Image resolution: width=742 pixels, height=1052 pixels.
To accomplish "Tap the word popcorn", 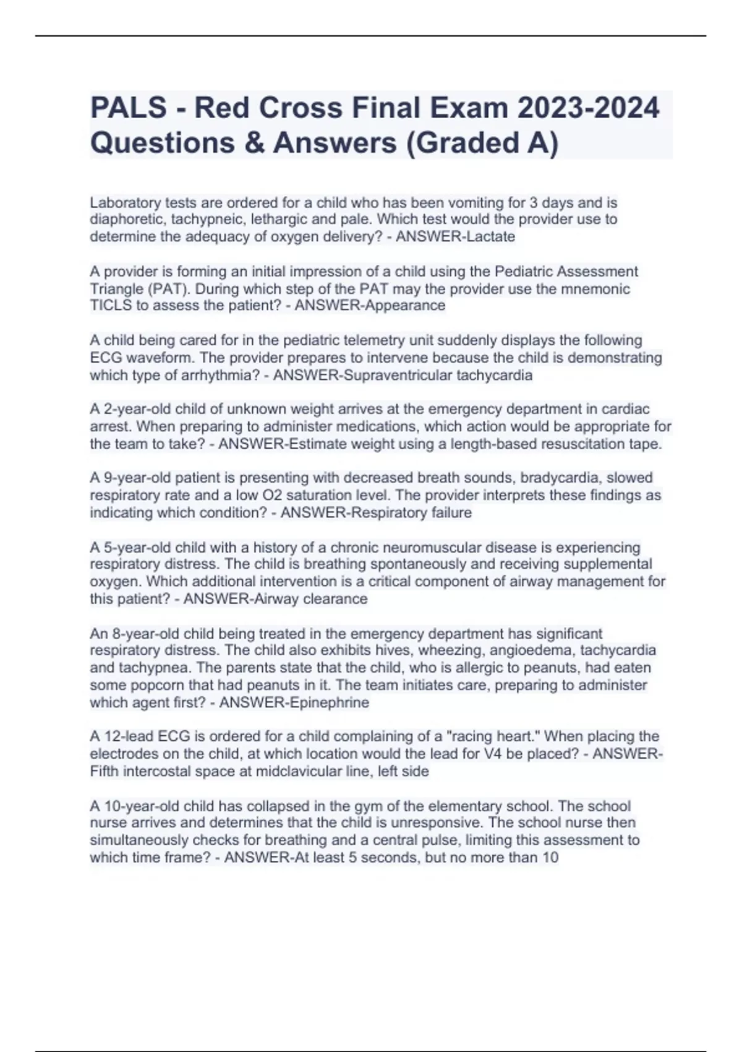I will [x=147, y=685].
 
